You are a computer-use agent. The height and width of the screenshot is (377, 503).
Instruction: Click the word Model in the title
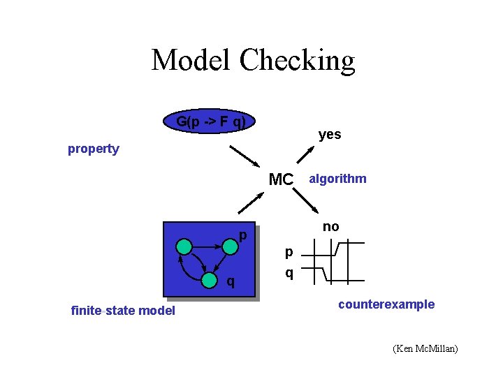(192, 60)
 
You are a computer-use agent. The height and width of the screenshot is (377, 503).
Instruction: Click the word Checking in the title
(297, 61)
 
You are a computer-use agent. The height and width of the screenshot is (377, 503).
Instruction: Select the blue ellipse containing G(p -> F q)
(210, 122)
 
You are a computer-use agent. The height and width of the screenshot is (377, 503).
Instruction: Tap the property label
(93, 149)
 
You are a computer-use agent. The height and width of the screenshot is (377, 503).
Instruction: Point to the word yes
(330, 134)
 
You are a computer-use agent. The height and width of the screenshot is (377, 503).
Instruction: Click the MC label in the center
(281, 179)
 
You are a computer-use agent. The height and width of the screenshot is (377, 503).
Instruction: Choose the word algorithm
(338, 179)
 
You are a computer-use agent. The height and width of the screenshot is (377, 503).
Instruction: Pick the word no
(331, 226)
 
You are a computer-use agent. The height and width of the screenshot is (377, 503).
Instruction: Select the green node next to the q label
(209, 281)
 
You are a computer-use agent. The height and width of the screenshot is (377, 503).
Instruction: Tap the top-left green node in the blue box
(184, 246)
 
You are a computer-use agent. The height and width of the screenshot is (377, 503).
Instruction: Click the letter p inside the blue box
(242, 236)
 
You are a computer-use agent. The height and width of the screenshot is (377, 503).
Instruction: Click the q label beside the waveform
(289, 273)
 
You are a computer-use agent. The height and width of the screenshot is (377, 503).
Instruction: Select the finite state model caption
(123, 311)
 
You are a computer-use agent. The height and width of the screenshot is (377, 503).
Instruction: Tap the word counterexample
(386, 304)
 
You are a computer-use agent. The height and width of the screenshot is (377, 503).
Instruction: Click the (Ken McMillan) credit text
(425, 348)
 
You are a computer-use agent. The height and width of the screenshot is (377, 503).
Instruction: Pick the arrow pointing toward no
(307, 203)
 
